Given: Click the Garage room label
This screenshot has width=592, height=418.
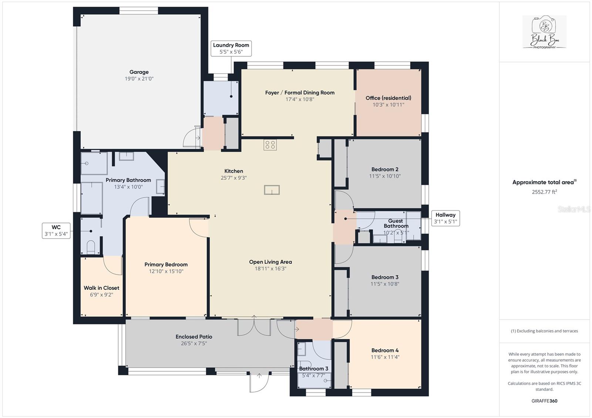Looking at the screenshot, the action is click(139, 72).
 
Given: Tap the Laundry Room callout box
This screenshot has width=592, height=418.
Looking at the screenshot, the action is click(231, 48).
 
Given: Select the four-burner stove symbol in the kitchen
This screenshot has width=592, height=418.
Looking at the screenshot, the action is click(270, 145).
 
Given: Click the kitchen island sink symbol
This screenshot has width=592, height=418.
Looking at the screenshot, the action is click(272, 190).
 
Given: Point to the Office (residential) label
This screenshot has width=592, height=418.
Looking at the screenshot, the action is click(388, 98).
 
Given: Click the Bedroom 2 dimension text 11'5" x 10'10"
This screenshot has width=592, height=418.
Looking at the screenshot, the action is click(385, 176).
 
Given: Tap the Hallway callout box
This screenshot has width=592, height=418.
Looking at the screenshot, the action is click(445, 218).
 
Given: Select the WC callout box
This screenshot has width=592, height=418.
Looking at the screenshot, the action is click(56, 231).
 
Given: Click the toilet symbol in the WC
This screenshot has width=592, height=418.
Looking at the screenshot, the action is click(91, 247).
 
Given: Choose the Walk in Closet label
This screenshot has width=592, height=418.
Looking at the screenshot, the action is click(101, 288).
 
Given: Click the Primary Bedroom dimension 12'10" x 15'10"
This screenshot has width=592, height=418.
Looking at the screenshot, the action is click(166, 272).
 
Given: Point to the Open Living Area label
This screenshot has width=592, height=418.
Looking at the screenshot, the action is click(270, 262).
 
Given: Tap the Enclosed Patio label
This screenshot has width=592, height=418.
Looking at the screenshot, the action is click(194, 337).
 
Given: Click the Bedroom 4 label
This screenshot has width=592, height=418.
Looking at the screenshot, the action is click(385, 350).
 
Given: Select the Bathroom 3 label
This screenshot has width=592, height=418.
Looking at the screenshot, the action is click(313, 368).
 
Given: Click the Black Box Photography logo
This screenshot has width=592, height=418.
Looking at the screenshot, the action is click(544, 32).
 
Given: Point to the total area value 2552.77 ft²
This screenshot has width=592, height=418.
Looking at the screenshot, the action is click(544, 192).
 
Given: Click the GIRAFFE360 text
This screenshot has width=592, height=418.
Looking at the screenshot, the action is click(544, 401).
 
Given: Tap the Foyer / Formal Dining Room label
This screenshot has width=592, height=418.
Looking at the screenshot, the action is click(300, 93).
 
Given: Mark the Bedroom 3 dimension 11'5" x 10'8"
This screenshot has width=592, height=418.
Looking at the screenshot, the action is click(385, 284).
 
